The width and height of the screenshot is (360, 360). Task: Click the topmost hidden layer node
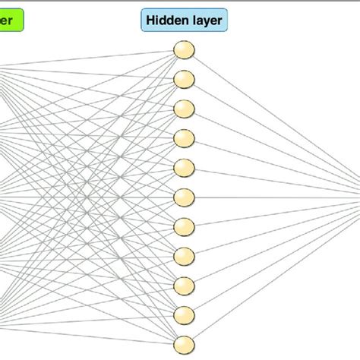point(184,50)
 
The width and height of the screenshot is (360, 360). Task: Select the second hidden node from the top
point(184,80)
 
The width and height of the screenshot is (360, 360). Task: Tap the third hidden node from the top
point(184,109)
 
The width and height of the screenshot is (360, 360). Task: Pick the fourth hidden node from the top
point(184,138)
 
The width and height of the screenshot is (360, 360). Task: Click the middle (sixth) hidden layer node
point(184,197)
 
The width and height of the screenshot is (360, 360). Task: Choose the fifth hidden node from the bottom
point(184,226)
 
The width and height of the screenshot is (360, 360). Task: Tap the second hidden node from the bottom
point(184,314)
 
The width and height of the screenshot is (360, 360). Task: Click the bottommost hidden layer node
point(184,343)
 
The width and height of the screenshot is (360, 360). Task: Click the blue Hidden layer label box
point(184,20)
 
